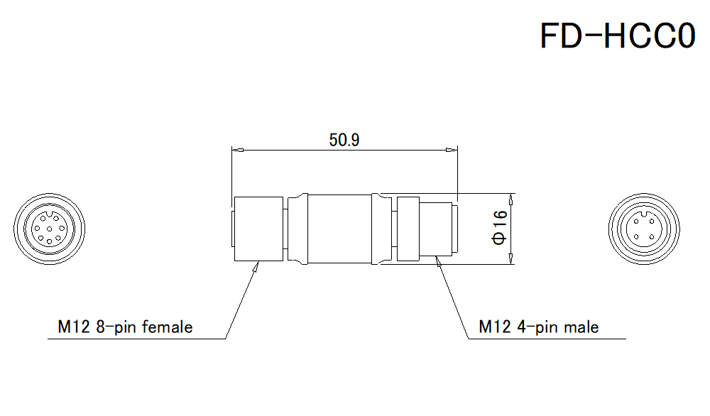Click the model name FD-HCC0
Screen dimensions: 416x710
tap(617, 35)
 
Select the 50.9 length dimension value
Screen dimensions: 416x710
tap(344, 140)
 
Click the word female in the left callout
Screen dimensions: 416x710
tap(168, 327)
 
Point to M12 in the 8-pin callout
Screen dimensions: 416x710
tap(70, 327)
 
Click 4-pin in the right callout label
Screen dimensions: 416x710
tap(532, 327)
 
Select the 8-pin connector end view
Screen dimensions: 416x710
tap(50, 229)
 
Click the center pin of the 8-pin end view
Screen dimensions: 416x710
tap(50, 229)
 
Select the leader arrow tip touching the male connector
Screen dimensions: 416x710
tap(438, 261)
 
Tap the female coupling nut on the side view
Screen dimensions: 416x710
tap(259, 229)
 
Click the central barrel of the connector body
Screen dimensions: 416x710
tap(339, 229)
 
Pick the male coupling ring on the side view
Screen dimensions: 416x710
tap(408, 229)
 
